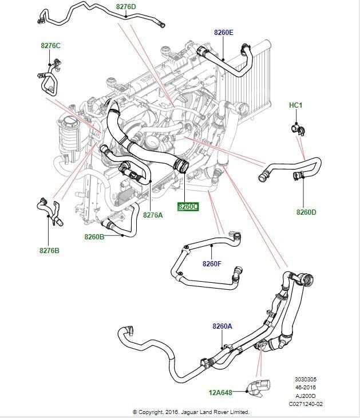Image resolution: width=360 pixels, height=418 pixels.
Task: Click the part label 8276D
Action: tap(126, 7)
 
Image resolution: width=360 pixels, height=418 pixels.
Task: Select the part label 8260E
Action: tap(224, 33)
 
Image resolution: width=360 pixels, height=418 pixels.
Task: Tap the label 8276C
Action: tap(50, 45)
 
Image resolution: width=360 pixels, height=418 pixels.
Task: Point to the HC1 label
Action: tap(296, 106)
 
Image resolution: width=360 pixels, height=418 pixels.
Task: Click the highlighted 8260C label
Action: tap(187, 206)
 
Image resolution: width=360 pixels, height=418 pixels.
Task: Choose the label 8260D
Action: tap(306, 212)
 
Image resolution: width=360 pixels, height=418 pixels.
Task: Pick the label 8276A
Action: tap(153, 215)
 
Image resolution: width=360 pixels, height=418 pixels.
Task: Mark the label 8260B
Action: tap(94, 236)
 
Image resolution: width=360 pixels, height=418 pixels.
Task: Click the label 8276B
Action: tap(49, 250)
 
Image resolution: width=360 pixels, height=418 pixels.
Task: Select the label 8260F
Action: tap(212, 264)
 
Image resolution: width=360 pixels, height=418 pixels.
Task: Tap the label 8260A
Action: tap(222, 326)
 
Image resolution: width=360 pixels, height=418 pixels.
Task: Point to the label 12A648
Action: tap(221, 392)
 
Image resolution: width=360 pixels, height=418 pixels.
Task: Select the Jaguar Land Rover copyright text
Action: tap(191, 412)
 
